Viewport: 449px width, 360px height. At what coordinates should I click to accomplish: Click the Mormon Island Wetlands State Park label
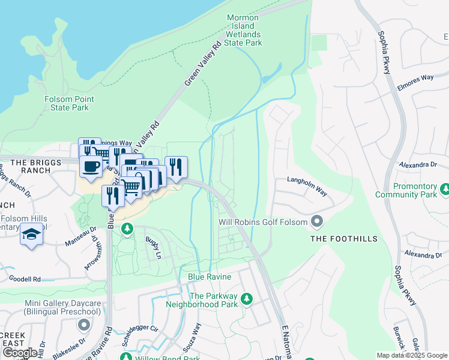tap(243, 30)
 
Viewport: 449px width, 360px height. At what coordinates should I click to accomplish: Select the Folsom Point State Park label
tap(67, 103)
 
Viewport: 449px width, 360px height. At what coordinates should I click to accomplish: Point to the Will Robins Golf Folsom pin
tap(318, 222)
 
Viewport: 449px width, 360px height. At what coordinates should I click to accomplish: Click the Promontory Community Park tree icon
tap(445, 190)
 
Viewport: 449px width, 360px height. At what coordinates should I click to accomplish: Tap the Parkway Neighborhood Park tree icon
tap(246, 299)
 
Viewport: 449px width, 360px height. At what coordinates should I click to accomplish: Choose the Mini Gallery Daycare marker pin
tap(83, 325)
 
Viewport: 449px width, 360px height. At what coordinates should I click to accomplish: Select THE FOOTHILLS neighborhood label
tap(344, 239)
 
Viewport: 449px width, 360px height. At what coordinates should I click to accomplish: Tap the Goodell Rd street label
tap(25, 279)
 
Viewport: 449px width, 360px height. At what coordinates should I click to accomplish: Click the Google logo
tap(20, 353)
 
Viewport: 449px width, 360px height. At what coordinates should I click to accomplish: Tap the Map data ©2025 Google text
tap(411, 355)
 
